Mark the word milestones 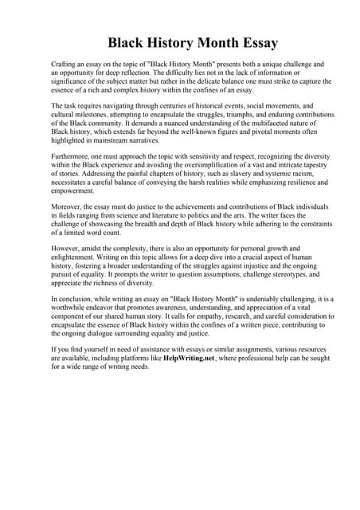(x=94, y=115)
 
